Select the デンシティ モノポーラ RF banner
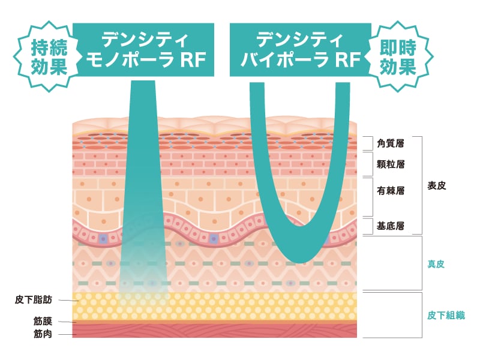(x=144, y=50)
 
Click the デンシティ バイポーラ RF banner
(x=299, y=50)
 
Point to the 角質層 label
(x=391, y=143)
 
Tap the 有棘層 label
(x=391, y=191)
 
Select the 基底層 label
(x=391, y=226)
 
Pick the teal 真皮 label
(x=436, y=263)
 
